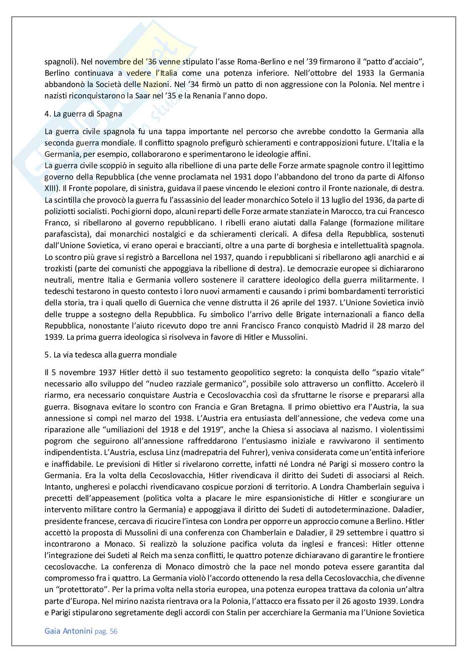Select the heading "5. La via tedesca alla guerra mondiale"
[x=111, y=354]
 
